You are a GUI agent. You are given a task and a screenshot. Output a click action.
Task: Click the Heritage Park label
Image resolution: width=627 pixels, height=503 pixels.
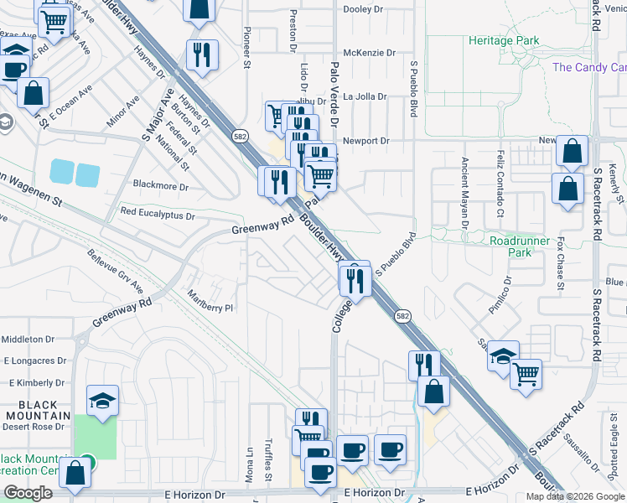pyautogui.click(x=504, y=40)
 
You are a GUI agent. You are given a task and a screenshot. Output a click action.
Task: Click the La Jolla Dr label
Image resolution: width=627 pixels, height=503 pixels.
pyautogui.click(x=365, y=96)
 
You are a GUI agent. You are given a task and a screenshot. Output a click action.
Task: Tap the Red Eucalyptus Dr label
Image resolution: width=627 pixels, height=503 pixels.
pyautogui.click(x=158, y=215)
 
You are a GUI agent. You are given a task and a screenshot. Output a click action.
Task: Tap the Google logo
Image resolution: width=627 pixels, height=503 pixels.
pyautogui.click(x=28, y=493)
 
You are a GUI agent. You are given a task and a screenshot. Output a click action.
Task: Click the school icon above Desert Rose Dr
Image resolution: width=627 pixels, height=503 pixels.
pyautogui.click(x=101, y=401)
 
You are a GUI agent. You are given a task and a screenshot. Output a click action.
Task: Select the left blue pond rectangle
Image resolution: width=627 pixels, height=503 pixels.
pyautogui.click(x=61, y=171)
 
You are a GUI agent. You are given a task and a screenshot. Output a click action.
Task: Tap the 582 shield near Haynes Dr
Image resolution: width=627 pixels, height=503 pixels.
pyautogui.click(x=241, y=135)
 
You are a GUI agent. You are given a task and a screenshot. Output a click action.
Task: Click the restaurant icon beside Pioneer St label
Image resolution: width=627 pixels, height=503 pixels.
pyautogui.click(x=202, y=55)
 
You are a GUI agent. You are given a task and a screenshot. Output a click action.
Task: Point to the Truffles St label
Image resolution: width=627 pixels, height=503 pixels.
pyautogui.click(x=269, y=461)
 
